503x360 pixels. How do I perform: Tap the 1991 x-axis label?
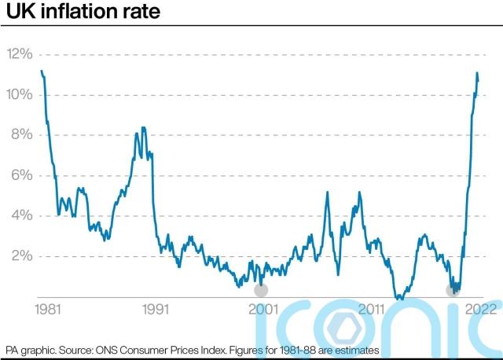(x=157, y=309)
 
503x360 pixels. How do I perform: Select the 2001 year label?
(x=263, y=309)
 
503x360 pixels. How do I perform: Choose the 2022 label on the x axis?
(x=479, y=309)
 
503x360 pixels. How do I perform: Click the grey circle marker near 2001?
(x=261, y=290)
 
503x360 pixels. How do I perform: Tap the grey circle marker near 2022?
(x=452, y=290)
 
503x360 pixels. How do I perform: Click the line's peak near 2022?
(x=477, y=73)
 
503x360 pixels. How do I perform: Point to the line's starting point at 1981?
(x=41, y=72)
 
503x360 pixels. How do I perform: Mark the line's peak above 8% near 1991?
(x=143, y=127)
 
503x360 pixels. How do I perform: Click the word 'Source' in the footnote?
(x=90, y=349)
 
